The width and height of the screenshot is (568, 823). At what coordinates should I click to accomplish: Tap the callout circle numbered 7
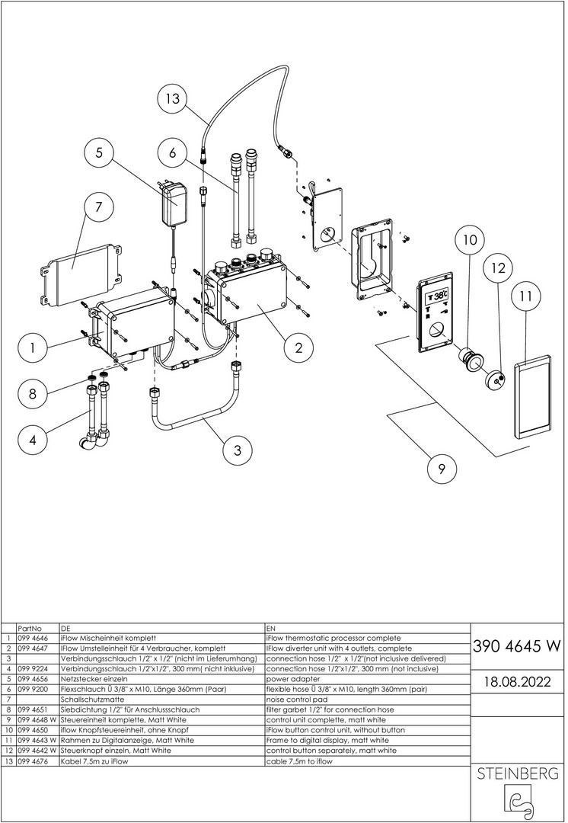coord(100,207)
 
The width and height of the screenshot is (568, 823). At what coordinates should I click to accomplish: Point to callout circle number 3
coord(238,450)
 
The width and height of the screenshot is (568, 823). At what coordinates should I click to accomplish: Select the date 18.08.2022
coord(517,680)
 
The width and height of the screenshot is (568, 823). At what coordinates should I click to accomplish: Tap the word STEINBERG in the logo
coord(517,774)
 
